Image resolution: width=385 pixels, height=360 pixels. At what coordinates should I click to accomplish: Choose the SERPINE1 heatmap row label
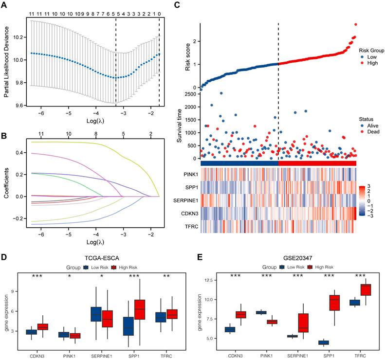(x=184, y=199)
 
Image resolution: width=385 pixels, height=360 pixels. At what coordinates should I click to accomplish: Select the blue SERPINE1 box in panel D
(x=96, y=314)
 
